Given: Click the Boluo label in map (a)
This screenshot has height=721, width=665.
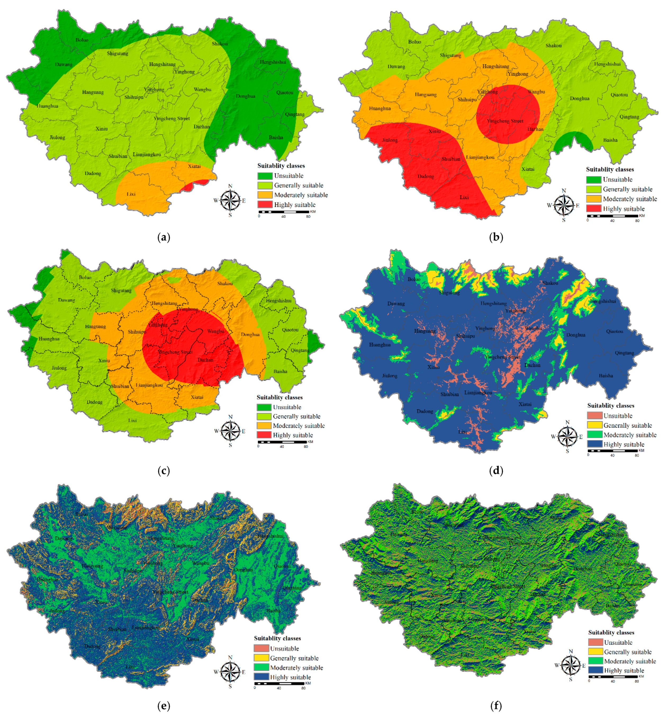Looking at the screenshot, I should click(x=82, y=40).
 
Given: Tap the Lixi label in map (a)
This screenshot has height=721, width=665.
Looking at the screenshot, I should click(x=131, y=194).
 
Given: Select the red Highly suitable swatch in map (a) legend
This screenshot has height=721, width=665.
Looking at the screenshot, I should click(x=265, y=205).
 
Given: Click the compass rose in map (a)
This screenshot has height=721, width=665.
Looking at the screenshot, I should click(x=230, y=200).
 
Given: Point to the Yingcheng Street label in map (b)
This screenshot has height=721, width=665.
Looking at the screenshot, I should click(x=505, y=121).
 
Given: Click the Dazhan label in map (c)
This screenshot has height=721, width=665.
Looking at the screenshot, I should click(x=205, y=360).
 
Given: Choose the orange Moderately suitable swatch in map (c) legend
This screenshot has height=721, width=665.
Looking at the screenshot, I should click(x=264, y=426).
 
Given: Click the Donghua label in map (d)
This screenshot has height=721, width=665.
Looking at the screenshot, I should click(x=576, y=335).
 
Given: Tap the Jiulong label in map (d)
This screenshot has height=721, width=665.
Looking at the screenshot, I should click(x=390, y=376).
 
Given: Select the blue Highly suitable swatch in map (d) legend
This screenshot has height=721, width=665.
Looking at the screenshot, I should click(x=594, y=444).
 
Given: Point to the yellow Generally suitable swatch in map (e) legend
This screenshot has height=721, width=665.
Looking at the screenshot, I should click(x=261, y=658).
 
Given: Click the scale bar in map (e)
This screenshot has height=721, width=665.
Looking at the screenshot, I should click(x=279, y=683).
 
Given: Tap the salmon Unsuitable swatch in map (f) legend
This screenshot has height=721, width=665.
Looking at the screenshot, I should click(x=596, y=642).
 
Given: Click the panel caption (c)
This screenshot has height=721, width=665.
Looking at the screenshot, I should click(x=164, y=471).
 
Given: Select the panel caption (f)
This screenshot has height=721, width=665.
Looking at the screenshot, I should click(x=496, y=706).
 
